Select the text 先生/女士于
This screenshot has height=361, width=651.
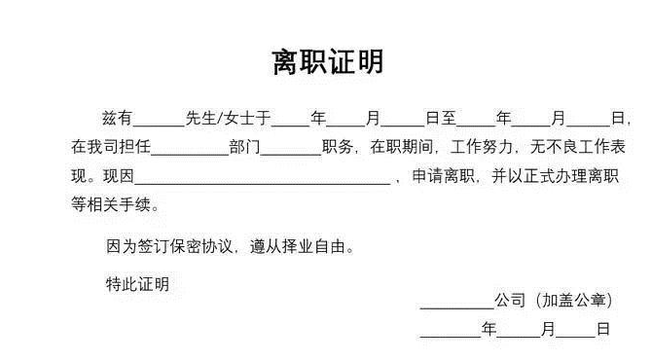point(227,119)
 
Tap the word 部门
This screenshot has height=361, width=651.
point(244,148)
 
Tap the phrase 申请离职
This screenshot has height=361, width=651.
point(440,177)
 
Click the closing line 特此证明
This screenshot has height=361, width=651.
point(136,284)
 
